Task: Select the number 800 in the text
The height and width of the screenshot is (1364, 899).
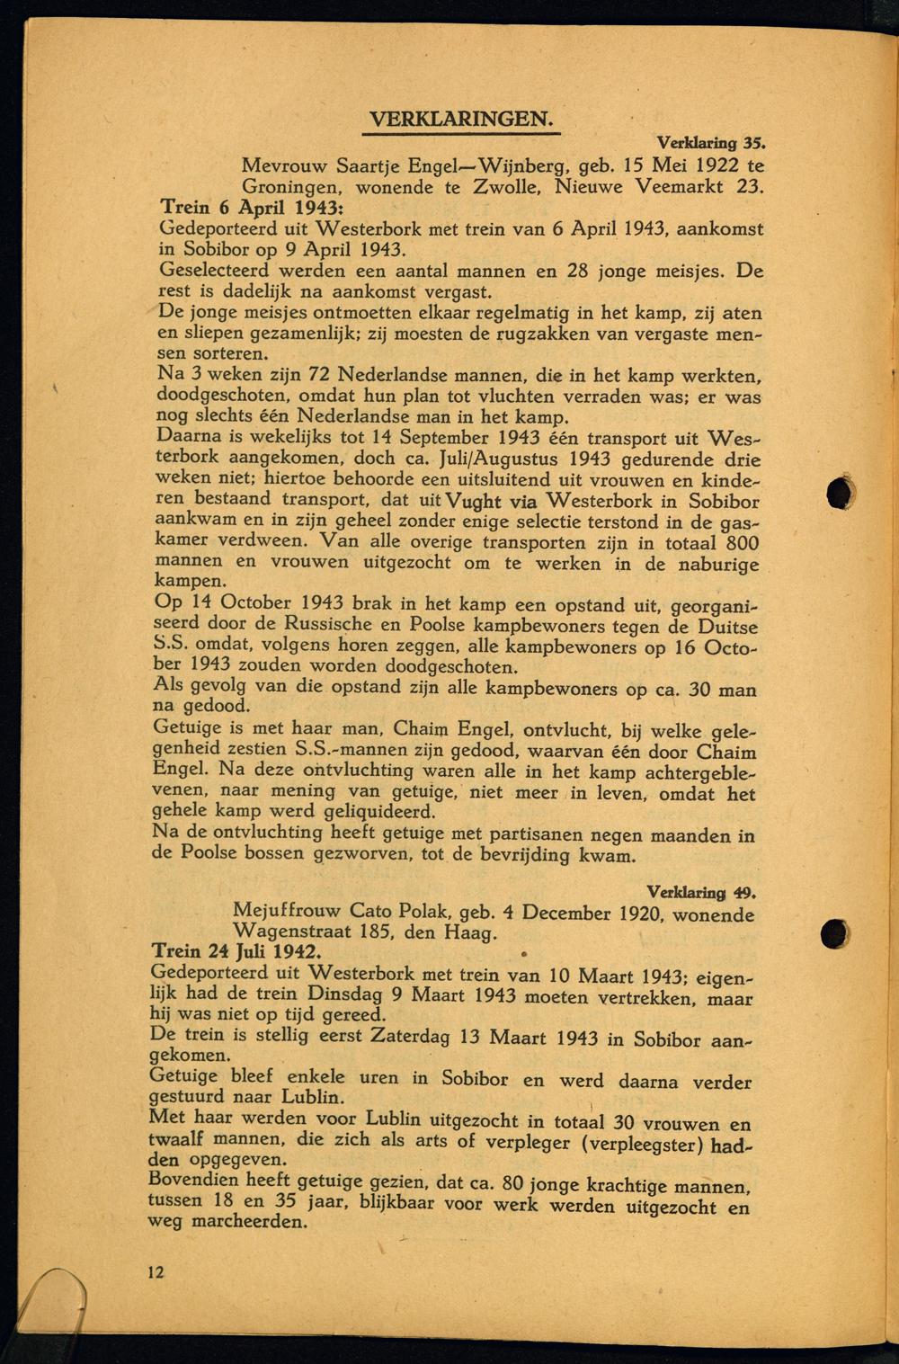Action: [x=740, y=543]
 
